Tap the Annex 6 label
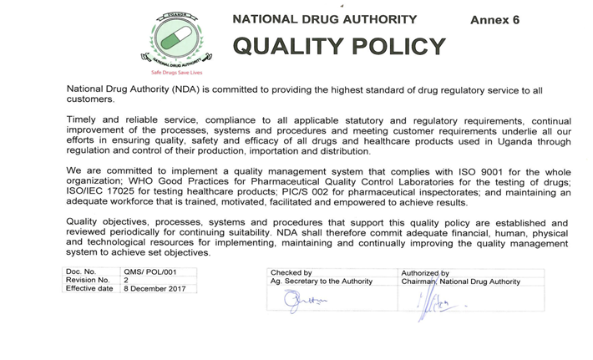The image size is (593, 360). point(494,19)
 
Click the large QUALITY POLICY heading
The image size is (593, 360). point(339,47)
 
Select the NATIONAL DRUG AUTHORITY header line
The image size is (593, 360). point(325,19)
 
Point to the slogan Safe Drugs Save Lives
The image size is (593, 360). point(176,73)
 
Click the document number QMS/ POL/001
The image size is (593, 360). point(149,272)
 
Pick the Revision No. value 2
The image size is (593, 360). point(126,281)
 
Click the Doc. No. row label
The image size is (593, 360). point(80,272)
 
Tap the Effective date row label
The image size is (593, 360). point(89,289)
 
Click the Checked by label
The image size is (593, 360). point(291,273)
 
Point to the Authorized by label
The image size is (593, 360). point(425,273)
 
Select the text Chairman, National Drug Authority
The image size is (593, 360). point(460,281)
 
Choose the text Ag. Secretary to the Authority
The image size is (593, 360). point(322,281)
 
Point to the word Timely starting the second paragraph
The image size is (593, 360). point(82,120)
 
